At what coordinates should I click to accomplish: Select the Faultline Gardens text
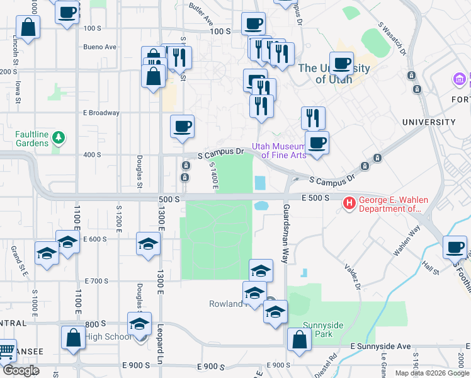point(32,139)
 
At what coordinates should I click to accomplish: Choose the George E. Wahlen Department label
point(394,204)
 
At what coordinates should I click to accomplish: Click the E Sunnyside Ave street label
point(381,346)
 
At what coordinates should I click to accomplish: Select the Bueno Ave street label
point(100,47)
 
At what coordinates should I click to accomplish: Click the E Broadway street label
point(101,113)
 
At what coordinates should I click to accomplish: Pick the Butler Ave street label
point(201,14)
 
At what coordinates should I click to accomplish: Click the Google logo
point(20,371)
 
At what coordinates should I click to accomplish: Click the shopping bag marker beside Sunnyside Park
point(298,340)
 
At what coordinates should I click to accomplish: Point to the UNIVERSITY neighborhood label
point(446,122)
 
